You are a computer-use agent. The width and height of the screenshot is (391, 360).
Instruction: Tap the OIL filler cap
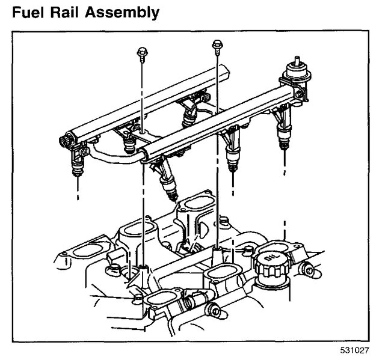point(268,263)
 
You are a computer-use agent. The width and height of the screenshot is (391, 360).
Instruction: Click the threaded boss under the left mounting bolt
point(143,267)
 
